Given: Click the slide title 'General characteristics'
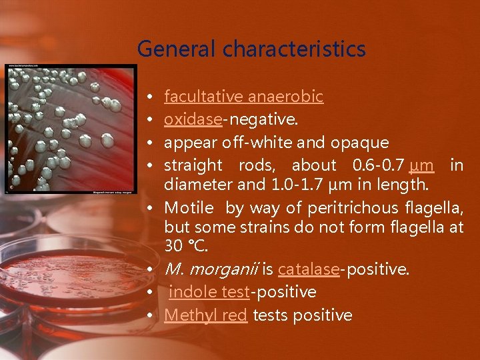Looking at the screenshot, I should [x=251, y=49].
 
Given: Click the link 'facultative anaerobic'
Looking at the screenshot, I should [x=243, y=97].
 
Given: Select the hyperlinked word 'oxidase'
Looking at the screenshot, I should [x=193, y=119].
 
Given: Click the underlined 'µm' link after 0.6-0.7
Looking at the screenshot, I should [x=422, y=165].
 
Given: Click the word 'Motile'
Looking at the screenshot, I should [x=189, y=209].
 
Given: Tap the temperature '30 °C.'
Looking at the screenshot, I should [x=186, y=246].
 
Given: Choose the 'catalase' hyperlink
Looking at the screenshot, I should [x=309, y=269].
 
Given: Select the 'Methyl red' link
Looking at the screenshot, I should [x=205, y=315].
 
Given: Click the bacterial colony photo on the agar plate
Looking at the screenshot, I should [x=69, y=128].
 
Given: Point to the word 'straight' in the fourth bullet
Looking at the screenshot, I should [x=193, y=165].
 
